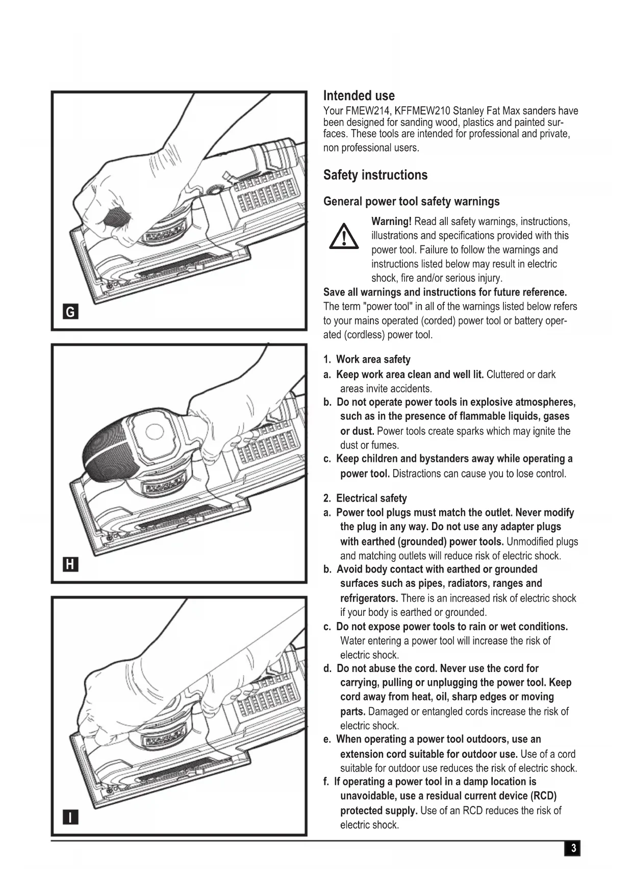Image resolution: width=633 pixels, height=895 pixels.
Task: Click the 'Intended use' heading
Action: click(x=359, y=96)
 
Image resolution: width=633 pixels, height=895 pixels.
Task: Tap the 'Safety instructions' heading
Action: click(x=375, y=175)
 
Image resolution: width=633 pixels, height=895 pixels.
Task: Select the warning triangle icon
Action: click(x=343, y=237)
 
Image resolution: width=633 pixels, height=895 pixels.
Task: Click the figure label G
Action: click(x=70, y=312)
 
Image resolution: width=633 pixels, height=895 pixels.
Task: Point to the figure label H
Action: click(x=70, y=564)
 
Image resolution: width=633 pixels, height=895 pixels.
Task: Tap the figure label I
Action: click(x=70, y=817)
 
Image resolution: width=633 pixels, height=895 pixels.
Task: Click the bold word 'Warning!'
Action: click(x=391, y=221)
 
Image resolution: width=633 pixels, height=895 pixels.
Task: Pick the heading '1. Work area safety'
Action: click(x=367, y=360)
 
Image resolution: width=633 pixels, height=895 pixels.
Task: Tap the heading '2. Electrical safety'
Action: click(x=365, y=499)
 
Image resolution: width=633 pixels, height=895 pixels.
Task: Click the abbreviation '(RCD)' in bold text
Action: click(x=543, y=796)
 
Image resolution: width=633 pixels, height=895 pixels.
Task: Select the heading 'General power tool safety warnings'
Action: click(x=411, y=202)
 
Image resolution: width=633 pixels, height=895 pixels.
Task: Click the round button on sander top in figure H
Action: click(x=155, y=432)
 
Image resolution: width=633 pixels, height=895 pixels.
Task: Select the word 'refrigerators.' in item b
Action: click(x=369, y=598)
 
